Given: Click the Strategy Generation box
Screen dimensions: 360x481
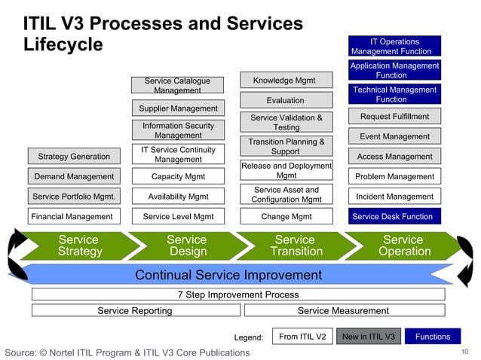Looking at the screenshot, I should [x=73, y=157].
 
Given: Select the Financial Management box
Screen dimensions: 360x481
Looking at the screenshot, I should [x=73, y=216].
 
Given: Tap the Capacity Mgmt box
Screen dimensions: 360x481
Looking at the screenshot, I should [x=178, y=176].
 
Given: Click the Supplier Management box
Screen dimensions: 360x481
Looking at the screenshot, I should [x=178, y=108].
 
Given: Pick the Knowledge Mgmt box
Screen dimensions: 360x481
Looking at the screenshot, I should [x=283, y=81].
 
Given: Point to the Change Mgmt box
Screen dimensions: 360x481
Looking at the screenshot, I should [x=286, y=216].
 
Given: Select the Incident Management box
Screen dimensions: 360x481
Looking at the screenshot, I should [x=394, y=197].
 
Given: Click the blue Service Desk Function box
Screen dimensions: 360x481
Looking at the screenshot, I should [x=392, y=216].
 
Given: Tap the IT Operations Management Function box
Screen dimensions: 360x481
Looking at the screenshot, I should [x=394, y=47].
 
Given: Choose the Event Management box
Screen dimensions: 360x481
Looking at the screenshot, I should [x=394, y=136].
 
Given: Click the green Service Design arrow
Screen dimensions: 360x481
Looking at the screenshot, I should [x=187, y=246].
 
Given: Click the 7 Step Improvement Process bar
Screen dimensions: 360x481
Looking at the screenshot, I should [x=237, y=294].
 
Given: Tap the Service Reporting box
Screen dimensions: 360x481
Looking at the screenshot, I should [x=135, y=310].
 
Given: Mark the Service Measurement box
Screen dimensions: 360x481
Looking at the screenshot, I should [x=343, y=310].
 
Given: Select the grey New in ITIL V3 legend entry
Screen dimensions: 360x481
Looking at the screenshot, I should [x=368, y=337].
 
